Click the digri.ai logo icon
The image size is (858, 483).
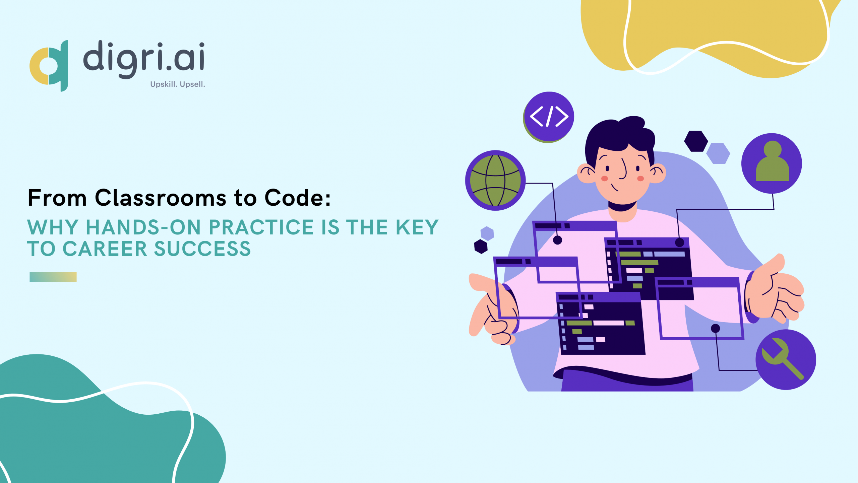pyautogui.click(x=49, y=66)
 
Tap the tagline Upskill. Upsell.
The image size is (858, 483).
pyautogui.click(x=178, y=84)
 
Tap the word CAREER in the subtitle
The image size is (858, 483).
pyautogui.click(x=105, y=249)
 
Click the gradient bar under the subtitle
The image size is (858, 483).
pyautogui.click(x=53, y=277)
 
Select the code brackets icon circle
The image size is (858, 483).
pyautogui.click(x=549, y=117)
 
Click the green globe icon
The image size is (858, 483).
pyautogui.click(x=495, y=180)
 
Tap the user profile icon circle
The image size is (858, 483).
pyautogui.click(x=772, y=163)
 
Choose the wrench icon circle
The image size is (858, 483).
pyautogui.click(x=786, y=359)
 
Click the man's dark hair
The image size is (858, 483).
pyautogui.click(x=620, y=137)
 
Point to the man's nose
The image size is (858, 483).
pyautogui.click(x=623, y=169)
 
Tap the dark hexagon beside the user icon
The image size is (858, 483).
pyautogui.click(x=696, y=141)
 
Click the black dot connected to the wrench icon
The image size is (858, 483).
pyautogui.click(x=716, y=328)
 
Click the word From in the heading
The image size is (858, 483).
pyautogui.click(x=57, y=198)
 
